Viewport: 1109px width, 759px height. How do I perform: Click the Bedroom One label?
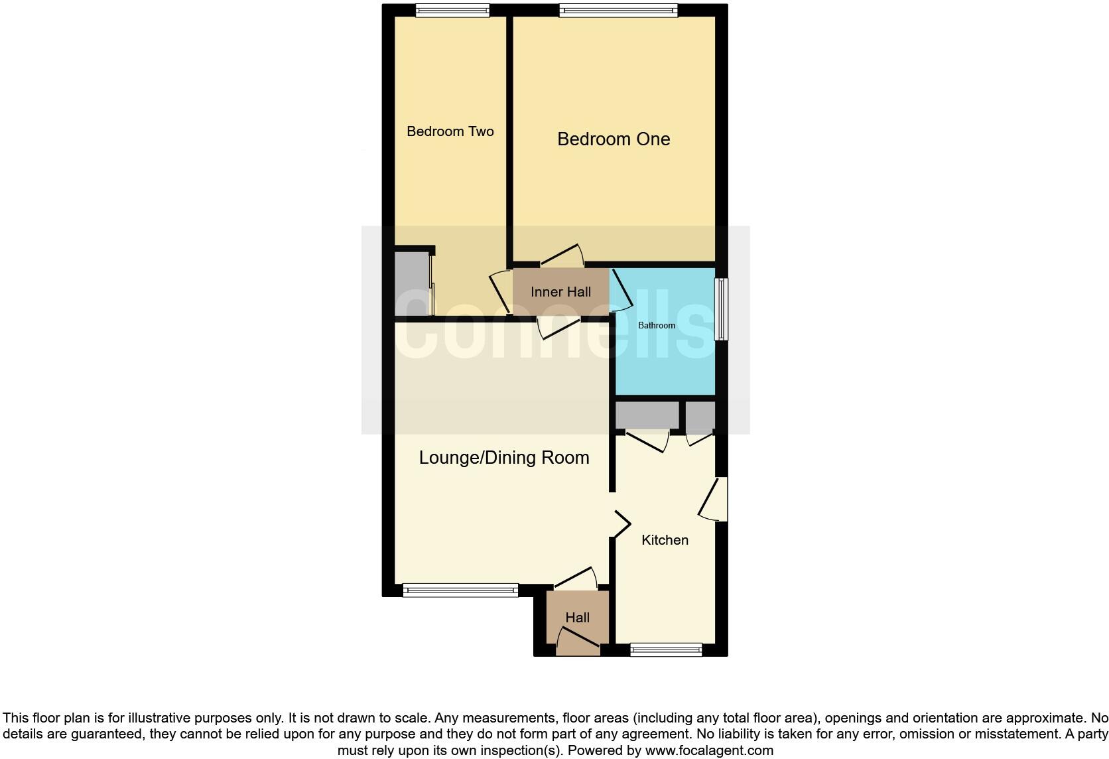click(614, 139)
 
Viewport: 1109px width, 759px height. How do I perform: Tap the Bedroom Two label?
click(450, 131)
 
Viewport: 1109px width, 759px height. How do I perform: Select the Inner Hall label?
click(560, 292)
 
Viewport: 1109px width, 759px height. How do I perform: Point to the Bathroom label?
click(656, 325)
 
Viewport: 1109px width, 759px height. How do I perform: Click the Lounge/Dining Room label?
click(504, 458)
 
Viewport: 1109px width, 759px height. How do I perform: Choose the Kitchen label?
click(665, 540)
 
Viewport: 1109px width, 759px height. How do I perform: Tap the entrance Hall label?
click(577, 618)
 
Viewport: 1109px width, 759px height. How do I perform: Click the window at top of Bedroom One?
click(618, 10)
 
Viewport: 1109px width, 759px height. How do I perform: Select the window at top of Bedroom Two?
click(452, 10)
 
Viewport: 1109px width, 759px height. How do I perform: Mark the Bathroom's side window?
click(721, 309)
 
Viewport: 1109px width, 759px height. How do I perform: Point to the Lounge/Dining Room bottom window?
click(460, 590)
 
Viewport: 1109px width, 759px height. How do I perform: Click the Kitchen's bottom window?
click(666, 650)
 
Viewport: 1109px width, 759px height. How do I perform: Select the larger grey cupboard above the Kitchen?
click(647, 415)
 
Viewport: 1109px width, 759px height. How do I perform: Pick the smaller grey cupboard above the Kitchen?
click(700, 415)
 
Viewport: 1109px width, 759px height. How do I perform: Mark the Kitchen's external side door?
click(712, 499)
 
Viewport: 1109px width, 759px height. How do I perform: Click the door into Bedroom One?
click(562, 256)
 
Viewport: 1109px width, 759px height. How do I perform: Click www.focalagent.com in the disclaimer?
click(708, 750)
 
